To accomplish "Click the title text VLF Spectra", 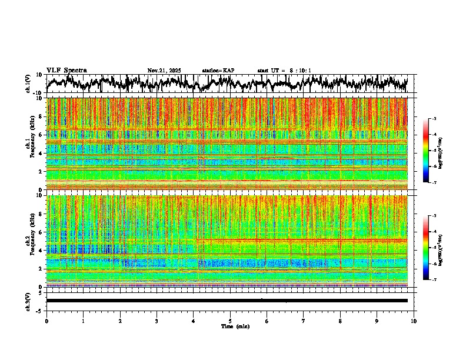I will pyautogui.click(x=66, y=70).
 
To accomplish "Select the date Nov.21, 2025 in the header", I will pyautogui.click(x=164, y=71).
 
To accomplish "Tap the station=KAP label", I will pyautogui.click(x=218, y=71).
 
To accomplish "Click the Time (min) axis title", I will pyautogui.click(x=235, y=326).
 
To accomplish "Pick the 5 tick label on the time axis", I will pyautogui.click(x=230, y=321).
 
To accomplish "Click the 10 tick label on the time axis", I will pyautogui.click(x=414, y=321).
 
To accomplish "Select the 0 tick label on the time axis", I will pyautogui.click(x=46, y=321).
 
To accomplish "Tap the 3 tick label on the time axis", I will pyautogui.click(x=157, y=321).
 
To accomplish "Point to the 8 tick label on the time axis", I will pyautogui.click(x=340, y=321).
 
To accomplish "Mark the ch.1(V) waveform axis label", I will pyautogui.click(x=28, y=84).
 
